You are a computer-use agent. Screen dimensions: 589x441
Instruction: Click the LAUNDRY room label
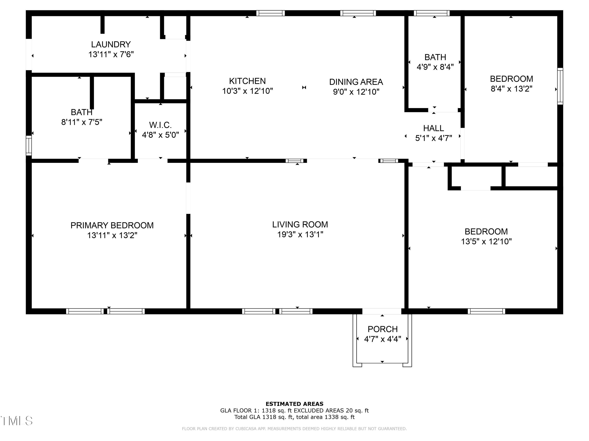pos(111,44)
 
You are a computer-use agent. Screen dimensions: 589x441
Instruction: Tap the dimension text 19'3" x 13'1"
pos(300,234)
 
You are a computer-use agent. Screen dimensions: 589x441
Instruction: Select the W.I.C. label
pos(160,125)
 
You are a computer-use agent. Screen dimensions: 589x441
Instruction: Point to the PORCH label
pos(382,329)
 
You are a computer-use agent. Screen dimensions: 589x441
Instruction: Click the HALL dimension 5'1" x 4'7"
pos(434,138)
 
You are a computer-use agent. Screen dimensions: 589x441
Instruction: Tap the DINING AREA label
pos(356,82)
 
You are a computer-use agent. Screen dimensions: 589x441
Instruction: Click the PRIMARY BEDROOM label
pos(112,225)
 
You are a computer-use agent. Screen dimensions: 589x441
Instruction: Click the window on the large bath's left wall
pos(28,145)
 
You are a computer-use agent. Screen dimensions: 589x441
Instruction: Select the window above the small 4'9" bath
pos(431,13)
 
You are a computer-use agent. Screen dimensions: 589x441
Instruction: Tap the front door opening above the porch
pos(381,311)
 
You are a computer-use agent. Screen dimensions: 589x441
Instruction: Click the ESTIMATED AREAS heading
pos(294,404)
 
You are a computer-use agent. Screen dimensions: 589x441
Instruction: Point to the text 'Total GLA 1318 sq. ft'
pos(264,417)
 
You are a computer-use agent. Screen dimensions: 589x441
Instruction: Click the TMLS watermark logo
pos(16,421)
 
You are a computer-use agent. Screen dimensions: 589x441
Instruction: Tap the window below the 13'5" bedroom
pos(486,311)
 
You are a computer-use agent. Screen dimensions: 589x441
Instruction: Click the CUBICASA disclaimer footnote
pos(294,428)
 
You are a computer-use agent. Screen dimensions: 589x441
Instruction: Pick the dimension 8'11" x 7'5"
pos(82,122)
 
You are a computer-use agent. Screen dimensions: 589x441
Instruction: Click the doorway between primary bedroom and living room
pos(188,198)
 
